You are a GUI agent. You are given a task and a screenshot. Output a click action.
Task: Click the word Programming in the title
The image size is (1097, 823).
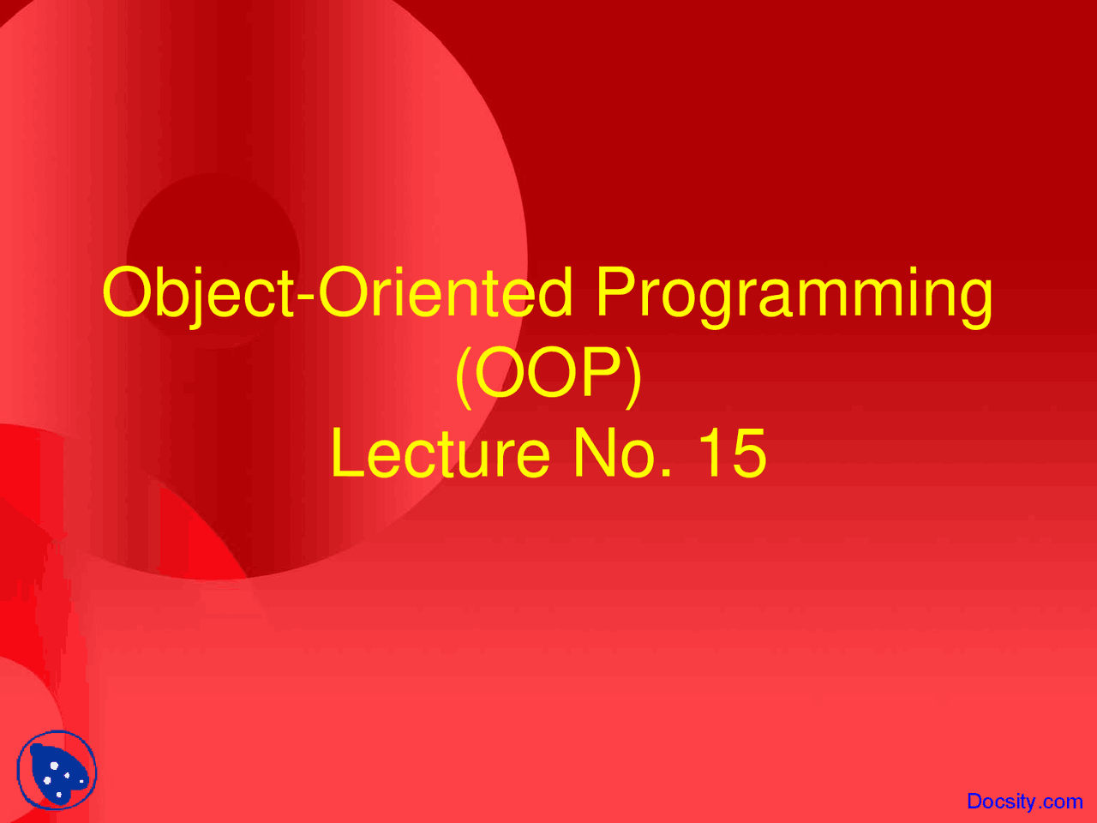point(794,294)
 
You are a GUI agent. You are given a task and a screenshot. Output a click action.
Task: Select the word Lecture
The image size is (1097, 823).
point(440,454)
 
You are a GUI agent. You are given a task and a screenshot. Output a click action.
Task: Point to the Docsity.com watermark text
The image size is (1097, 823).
point(1024,801)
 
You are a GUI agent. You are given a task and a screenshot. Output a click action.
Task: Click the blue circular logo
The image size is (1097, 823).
point(57,771)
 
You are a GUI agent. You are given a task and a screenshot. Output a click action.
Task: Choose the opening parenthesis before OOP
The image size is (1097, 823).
point(464,374)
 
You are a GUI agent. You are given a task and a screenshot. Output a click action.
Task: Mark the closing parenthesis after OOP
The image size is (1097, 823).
point(633,374)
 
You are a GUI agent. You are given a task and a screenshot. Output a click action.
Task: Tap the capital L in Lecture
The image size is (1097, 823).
point(345,454)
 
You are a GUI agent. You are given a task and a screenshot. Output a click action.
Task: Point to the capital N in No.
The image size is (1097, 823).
point(592,454)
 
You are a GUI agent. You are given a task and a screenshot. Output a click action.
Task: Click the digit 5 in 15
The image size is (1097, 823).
point(748,454)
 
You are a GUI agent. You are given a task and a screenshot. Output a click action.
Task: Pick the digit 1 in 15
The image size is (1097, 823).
point(710,454)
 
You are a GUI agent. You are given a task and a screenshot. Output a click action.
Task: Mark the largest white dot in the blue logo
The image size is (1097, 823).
point(54,766)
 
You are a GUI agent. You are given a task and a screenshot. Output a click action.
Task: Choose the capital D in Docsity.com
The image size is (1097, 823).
point(974,801)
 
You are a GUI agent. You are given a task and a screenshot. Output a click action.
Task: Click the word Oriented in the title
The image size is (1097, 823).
point(445,293)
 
